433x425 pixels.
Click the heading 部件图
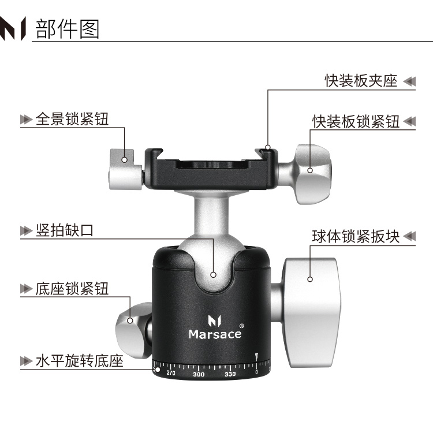(x=67, y=29)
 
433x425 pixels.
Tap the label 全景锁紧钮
(x=72, y=119)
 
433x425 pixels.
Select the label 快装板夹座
(x=361, y=81)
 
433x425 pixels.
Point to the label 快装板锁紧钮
(x=356, y=121)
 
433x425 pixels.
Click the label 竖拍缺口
(x=65, y=230)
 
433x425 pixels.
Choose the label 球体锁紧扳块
(x=356, y=236)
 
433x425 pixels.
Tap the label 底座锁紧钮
(x=72, y=289)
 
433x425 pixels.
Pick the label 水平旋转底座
(x=80, y=361)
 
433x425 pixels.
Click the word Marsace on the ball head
(x=215, y=334)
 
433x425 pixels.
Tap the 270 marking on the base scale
(x=171, y=373)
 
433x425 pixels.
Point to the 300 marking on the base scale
(x=199, y=374)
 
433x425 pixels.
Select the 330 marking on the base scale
(x=230, y=374)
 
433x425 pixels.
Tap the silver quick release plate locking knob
(x=313, y=174)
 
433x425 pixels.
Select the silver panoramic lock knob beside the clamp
(x=126, y=170)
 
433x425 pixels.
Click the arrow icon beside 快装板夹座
(x=409, y=81)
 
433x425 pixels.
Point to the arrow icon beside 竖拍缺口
(x=27, y=230)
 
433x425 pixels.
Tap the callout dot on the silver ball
(x=213, y=275)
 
